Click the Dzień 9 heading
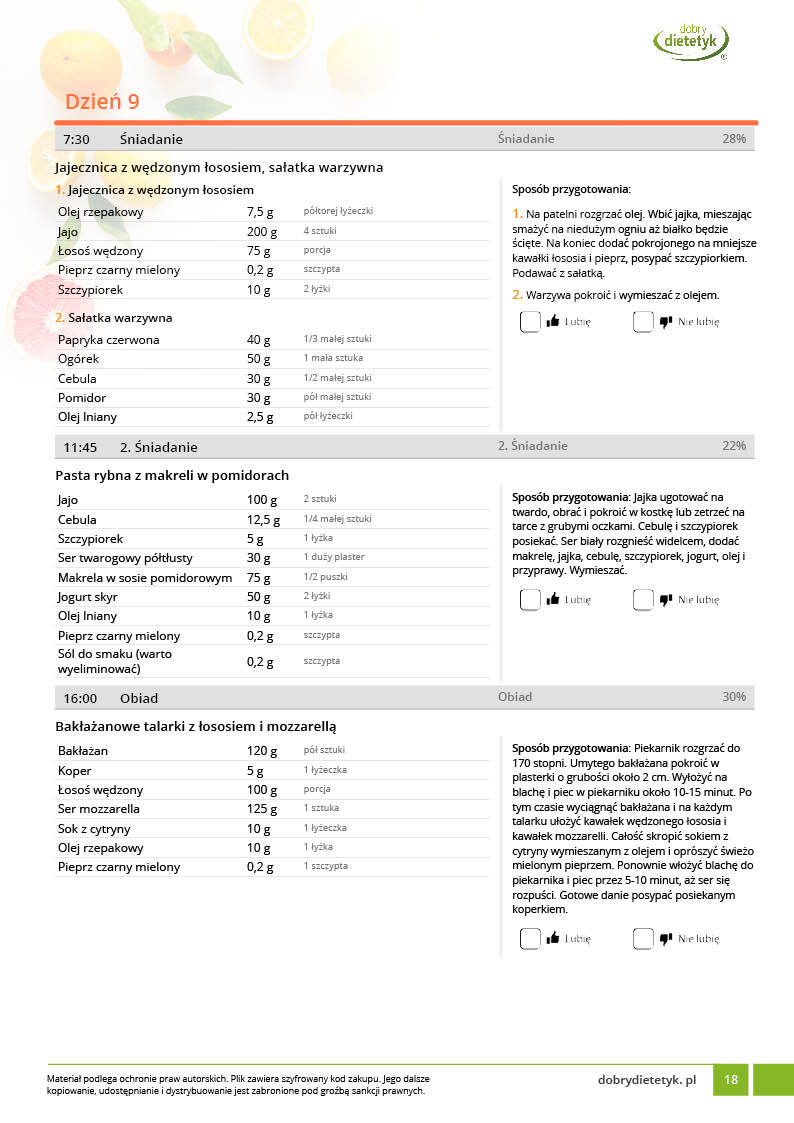tap(102, 101)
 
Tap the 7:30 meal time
tap(77, 139)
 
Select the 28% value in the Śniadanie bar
tap(733, 139)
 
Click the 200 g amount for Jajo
tap(261, 231)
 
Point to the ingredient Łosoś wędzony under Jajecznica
tap(100, 251)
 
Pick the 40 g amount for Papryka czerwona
tap(259, 340)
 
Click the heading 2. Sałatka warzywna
tap(113, 318)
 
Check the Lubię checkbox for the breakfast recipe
tap(530, 322)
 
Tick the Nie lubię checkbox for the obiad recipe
tap(643, 939)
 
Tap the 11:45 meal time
tap(80, 447)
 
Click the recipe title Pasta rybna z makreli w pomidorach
tap(172, 475)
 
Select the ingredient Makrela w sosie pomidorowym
tap(145, 577)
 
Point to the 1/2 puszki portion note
tap(325, 577)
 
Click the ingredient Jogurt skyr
tap(88, 597)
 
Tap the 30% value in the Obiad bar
tap(733, 697)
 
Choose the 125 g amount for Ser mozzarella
tap(262, 809)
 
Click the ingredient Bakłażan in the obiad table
tap(83, 751)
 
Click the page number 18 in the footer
tap(731, 1080)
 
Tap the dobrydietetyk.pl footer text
tap(646, 1080)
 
